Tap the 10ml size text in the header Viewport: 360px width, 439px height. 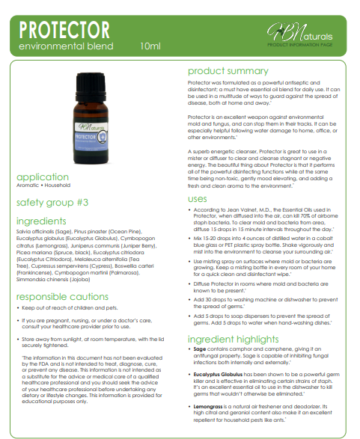point(150,46)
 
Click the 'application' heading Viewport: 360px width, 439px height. point(42,176)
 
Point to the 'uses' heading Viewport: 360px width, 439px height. point(198,198)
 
